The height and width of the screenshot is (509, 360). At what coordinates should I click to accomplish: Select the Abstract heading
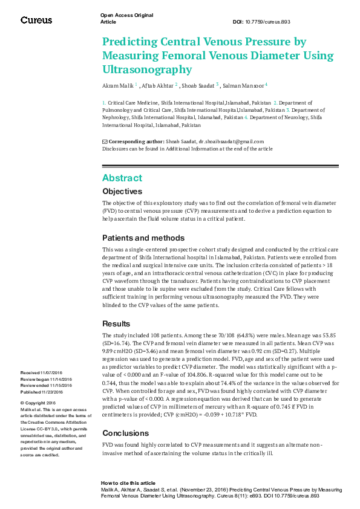click(x=122, y=178)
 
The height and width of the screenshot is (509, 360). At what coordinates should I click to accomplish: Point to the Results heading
click(x=116, y=323)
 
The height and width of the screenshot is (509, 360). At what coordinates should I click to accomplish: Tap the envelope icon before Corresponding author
click(x=105, y=141)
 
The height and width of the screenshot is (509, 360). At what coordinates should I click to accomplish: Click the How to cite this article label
click(x=128, y=484)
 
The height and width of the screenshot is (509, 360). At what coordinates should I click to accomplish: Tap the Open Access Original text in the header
click(x=126, y=15)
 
